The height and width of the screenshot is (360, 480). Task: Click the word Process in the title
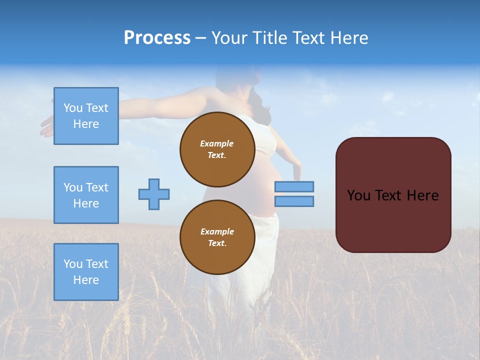[157, 38]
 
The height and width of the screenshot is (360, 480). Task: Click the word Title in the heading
[268, 38]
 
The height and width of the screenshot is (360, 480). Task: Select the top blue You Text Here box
[86, 116]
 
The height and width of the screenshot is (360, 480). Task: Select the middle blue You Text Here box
[86, 195]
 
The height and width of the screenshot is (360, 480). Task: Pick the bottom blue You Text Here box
[86, 272]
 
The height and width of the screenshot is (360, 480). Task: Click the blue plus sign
[154, 194]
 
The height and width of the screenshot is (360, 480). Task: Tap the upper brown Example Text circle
[217, 149]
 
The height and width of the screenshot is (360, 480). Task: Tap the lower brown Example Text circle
[217, 237]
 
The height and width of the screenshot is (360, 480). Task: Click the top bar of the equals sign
[294, 186]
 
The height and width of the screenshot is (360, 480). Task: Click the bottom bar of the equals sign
[294, 201]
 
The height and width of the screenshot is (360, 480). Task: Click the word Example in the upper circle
[217, 143]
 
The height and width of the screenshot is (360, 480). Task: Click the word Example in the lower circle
[217, 231]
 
